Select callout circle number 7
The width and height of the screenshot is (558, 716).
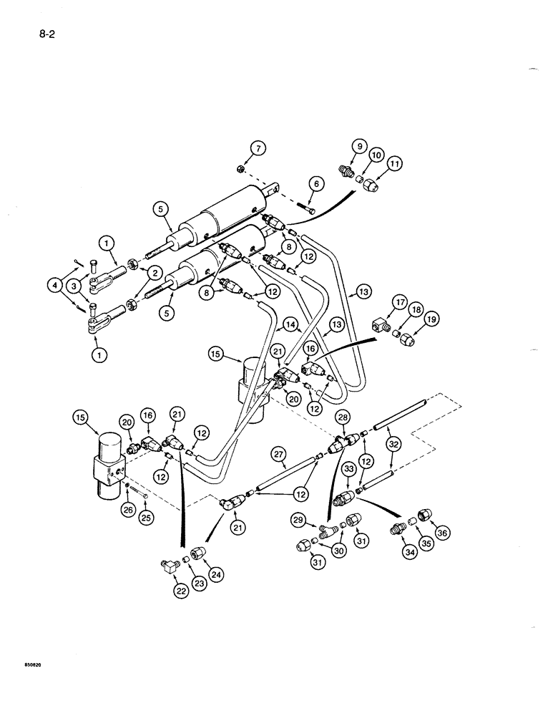[x=258, y=148]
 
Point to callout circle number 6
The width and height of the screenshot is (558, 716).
[x=315, y=184]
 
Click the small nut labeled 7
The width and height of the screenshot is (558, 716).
[x=242, y=170]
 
